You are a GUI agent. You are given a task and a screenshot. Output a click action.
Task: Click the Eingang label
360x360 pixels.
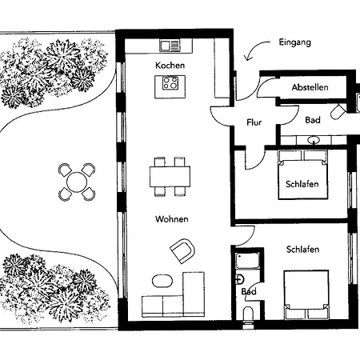pyautogui.click(x=295, y=42)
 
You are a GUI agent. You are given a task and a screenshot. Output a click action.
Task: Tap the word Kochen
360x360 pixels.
pyautogui.click(x=170, y=66)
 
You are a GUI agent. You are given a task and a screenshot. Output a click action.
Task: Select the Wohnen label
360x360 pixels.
pyautogui.click(x=172, y=219)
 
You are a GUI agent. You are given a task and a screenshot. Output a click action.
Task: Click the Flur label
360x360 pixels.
pyautogui.click(x=254, y=122)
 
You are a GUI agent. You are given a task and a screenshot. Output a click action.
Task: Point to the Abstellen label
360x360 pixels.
pyautogui.click(x=310, y=87)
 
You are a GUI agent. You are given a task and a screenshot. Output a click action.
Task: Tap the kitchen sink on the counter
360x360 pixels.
pyautogui.click(x=170, y=46)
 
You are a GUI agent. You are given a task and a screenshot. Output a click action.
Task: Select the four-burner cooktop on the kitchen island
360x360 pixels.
pyautogui.click(x=170, y=82)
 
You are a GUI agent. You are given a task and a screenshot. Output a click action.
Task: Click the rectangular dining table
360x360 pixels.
pyautogui.click(x=170, y=177)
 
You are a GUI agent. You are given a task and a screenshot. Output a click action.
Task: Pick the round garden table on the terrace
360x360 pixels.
pyautogui.click(x=77, y=182)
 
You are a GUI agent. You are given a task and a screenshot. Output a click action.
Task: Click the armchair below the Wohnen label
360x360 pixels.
pyautogui.click(x=183, y=250)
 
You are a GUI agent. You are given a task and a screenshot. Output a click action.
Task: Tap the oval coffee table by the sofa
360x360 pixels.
pyautogui.click(x=162, y=281)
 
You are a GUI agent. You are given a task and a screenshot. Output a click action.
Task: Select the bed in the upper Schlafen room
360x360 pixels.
pyautogui.click(x=302, y=174)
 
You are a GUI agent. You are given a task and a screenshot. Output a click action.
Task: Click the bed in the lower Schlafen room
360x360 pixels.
pyautogui.click(x=306, y=294)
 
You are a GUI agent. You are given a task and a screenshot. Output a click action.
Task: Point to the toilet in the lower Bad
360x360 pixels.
pyautogui.click(x=248, y=314)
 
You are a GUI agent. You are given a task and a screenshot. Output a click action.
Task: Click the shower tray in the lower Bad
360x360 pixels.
pyautogui.click(x=247, y=261)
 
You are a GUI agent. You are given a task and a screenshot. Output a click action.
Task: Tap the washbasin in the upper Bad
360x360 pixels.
pyautogui.click(x=314, y=140)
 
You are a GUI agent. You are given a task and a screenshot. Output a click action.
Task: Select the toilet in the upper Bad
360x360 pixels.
pyautogui.click(x=338, y=111)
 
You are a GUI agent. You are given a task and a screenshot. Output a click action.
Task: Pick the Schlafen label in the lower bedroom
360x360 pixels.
pyautogui.click(x=302, y=250)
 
